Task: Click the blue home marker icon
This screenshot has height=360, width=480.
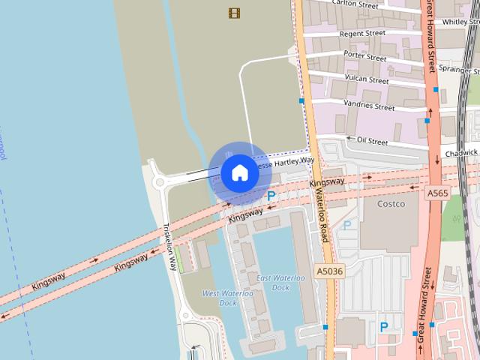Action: point(239,173)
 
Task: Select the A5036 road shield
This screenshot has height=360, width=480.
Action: point(328,271)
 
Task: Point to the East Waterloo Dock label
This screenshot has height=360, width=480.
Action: point(280,283)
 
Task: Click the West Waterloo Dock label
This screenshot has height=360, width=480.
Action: point(219,298)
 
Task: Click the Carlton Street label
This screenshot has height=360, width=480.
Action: point(355,4)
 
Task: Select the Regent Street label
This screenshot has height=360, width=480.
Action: point(362,33)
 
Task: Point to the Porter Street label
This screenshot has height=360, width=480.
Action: point(365,55)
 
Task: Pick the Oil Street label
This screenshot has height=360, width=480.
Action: point(372,140)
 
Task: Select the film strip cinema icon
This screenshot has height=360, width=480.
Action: point(235,13)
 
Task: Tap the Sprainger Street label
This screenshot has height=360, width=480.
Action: point(459,69)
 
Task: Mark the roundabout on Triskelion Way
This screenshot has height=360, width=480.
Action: point(159,181)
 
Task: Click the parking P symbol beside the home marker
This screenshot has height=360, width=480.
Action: point(271,196)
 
